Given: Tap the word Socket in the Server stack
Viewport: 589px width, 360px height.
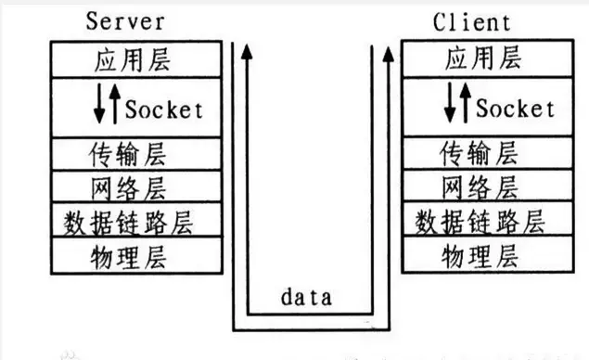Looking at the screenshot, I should pyautogui.click(x=162, y=109).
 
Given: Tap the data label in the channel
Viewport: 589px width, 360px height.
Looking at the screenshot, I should pyautogui.click(x=307, y=298).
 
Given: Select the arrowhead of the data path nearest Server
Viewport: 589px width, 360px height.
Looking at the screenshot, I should pyautogui.click(x=247, y=54).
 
